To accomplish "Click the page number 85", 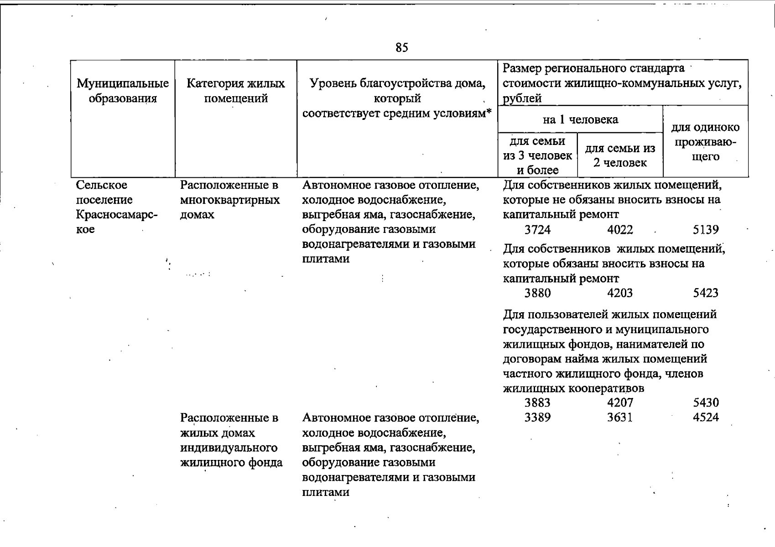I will click(x=401, y=48).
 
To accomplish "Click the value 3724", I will click(x=537, y=230).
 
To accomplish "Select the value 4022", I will click(x=620, y=230).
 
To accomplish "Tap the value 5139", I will click(x=706, y=230).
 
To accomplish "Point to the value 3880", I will click(x=537, y=293).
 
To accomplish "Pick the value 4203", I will click(x=620, y=293).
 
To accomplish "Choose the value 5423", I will click(x=706, y=293).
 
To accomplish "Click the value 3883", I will click(x=537, y=403).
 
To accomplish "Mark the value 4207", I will click(x=620, y=403).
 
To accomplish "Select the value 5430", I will click(x=706, y=403).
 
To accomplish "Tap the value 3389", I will click(x=537, y=417).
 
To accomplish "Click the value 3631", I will click(x=620, y=417).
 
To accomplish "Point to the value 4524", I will click(x=706, y=417).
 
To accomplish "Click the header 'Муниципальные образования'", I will click(x=123, y=91).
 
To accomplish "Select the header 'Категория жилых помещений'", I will click(x=235, y=91).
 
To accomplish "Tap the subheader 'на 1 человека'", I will click(x=580, y=120).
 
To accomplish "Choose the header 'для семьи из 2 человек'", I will click(x=620, y=155).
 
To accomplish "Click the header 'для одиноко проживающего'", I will click(x=706, y=142).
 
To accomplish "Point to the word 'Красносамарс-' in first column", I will click(x=116, y=215).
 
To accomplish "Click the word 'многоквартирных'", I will click(x=230, y=200).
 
